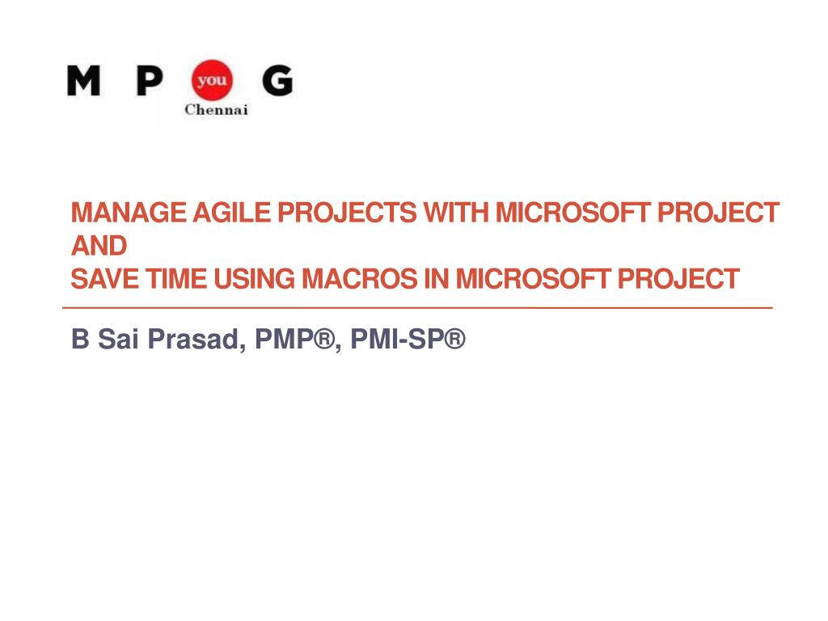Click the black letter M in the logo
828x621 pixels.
[83, 80]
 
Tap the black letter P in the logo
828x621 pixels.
[150, 80]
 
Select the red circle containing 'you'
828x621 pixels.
[212, 80]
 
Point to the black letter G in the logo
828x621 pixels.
[277, 80]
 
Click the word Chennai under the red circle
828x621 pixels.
[216, 110]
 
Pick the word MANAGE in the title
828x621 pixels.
[129, 213]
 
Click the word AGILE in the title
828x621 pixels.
[231, 213]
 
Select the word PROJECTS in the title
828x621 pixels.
[347, 213]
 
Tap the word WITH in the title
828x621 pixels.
[456, 213]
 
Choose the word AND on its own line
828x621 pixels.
[99, 246]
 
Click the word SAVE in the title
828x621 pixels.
[104, 279]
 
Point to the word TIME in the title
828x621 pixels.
[175, 279]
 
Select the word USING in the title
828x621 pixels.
[254, 279]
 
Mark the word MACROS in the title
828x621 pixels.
[359, 279]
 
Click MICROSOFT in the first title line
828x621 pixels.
[572, 213]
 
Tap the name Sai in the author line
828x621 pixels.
[118, 339]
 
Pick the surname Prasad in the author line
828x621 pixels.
[196, 339]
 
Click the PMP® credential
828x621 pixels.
[294, 339]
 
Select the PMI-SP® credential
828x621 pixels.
[408, 339]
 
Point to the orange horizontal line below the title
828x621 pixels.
[417, 306]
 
